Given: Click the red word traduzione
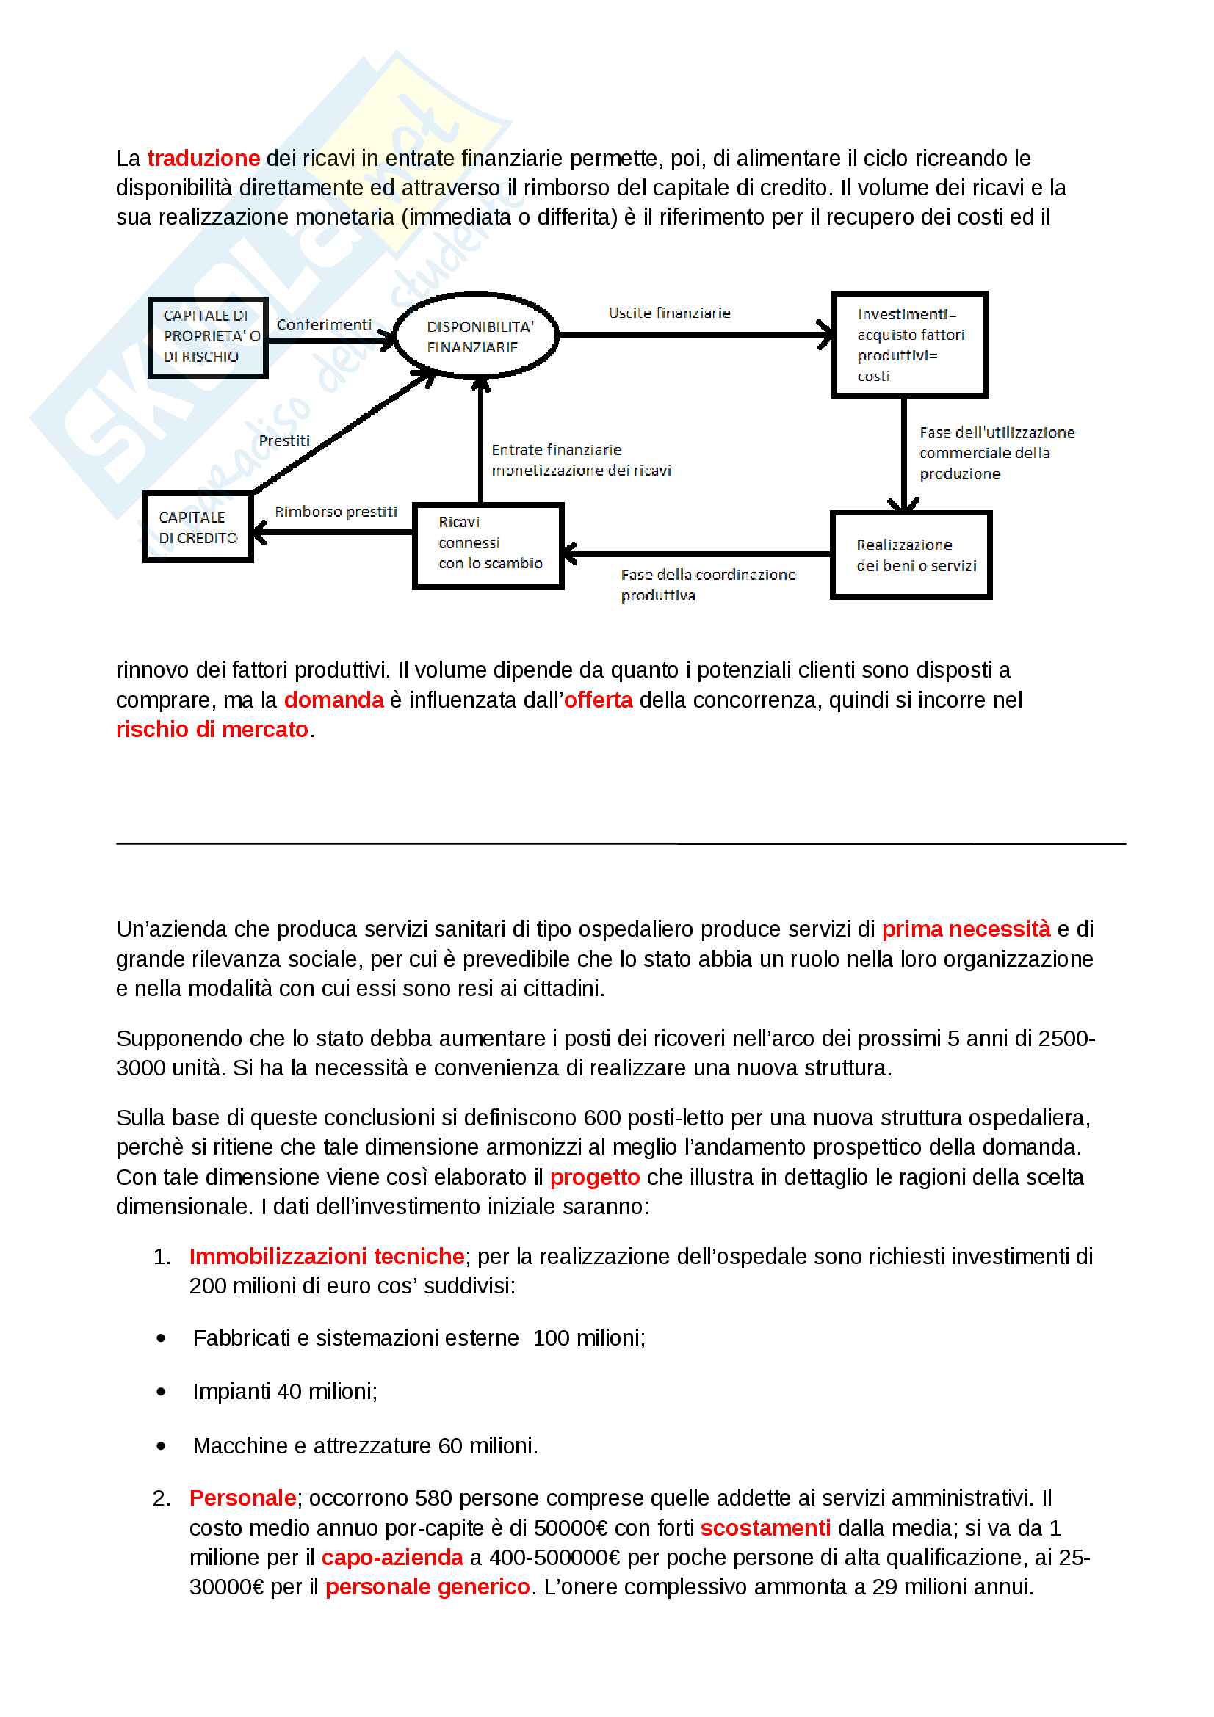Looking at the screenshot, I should pos(203,159).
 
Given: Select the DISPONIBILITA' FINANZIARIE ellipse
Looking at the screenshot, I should pos(477,335).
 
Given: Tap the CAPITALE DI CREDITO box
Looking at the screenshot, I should pos(198,527).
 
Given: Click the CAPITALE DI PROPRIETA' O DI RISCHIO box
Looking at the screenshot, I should pos(208,337).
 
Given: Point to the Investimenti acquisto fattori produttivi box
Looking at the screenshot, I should pos(909,345).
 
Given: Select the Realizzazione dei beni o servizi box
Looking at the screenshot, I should pos(911,555).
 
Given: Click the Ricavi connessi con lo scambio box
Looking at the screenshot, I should pos(488,546).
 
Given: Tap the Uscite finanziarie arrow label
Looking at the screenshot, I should pos(669,313).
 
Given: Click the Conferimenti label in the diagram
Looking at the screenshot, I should pos(324,324).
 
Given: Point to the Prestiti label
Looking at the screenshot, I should pos(284,440).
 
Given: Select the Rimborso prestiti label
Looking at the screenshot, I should pos(336,512).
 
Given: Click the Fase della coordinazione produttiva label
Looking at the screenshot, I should pos(707,585).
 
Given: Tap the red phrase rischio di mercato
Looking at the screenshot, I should pos(212,729).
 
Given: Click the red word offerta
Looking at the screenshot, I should pos(598,700).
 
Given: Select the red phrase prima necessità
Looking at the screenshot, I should pos(966,929).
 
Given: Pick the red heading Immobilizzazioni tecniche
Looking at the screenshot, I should pos(327,1256).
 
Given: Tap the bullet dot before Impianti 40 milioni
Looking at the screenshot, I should pos(162,1392).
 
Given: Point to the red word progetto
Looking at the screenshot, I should pos(595,1177).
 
